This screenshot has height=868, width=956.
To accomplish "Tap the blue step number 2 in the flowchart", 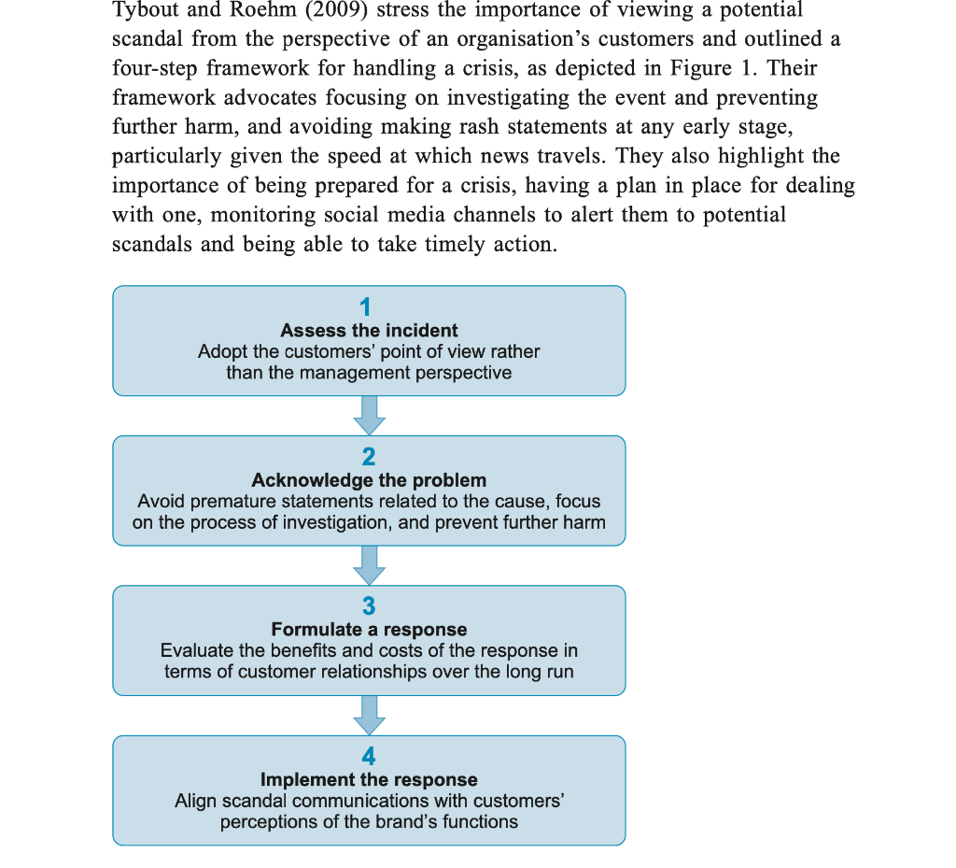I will pyautogui.click(x=369, y=457).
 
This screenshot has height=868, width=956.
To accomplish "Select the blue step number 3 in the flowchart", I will pyautogui.click(x=369, y=606).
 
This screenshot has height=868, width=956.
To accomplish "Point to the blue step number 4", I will pyautogui.click(x=369, y=757).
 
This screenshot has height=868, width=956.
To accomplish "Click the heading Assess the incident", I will pyautogui.click(x=369, y=330).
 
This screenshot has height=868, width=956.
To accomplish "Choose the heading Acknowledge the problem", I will pyautogui.click(x=369, y=480).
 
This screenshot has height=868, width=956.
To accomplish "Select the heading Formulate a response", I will pyautogui.click(x=369, y=630).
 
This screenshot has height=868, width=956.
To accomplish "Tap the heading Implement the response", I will pyautogui.click(x=369, y=779).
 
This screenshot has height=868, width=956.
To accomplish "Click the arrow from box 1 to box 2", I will pyautogui.click(x=369, y=415).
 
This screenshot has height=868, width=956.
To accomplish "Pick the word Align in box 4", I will pyautogui.click(x=197, y=801).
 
